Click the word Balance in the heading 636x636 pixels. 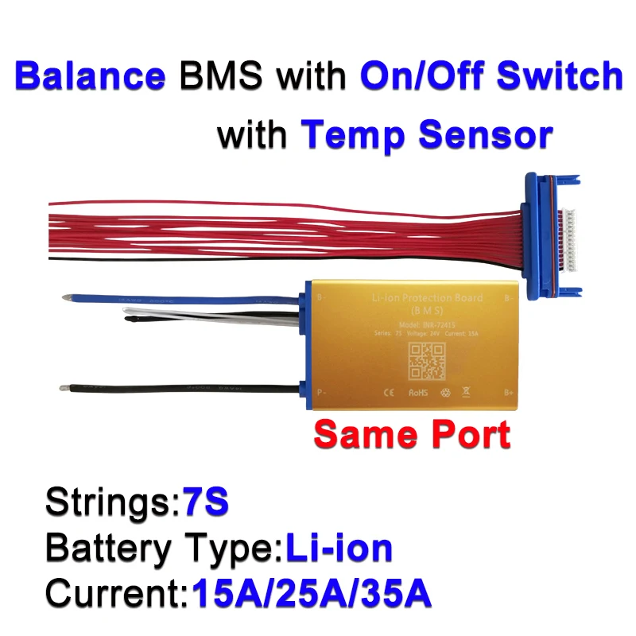[x=90, y=76]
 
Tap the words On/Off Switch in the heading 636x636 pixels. [x=491, y=76]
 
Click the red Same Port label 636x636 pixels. [x=411, y=434]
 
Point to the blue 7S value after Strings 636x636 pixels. [x=204, y=502]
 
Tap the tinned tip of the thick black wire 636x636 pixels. [x=64, y=389]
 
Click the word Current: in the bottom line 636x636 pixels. [x=115, y=592]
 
